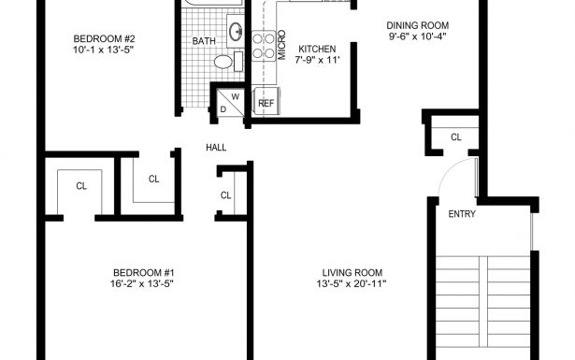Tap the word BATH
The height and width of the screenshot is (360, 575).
[x=204, y=41]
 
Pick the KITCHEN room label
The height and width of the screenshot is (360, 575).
[x=316, y=49]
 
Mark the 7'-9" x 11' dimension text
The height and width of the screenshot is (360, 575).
[x=316, y=61]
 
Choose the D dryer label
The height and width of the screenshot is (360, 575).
[x=223, y=108]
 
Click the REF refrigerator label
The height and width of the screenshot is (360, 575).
[x=266, y=103]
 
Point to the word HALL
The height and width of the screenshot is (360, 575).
[x=217, y=147]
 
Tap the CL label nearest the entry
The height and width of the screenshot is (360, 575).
[x=456, y=137]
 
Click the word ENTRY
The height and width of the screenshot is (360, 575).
[x=462, y=214]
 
